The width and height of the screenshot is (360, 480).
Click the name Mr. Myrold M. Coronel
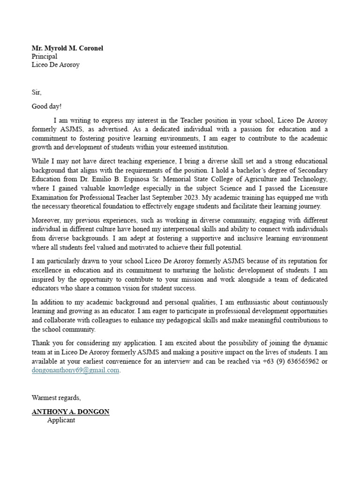click(67, 48)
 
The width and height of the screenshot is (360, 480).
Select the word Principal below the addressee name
click(45, 56)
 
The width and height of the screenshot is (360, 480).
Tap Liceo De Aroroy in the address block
click(55, 65)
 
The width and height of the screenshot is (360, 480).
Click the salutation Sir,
click(37, 92)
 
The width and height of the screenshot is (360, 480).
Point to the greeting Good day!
click(46, 106)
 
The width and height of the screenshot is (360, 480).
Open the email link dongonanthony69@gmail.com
click(75, 370)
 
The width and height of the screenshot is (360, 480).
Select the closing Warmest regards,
click(56, 397)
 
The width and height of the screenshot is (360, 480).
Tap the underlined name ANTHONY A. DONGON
click(70, 412)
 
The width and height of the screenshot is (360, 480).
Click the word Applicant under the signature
click(61, 420)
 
